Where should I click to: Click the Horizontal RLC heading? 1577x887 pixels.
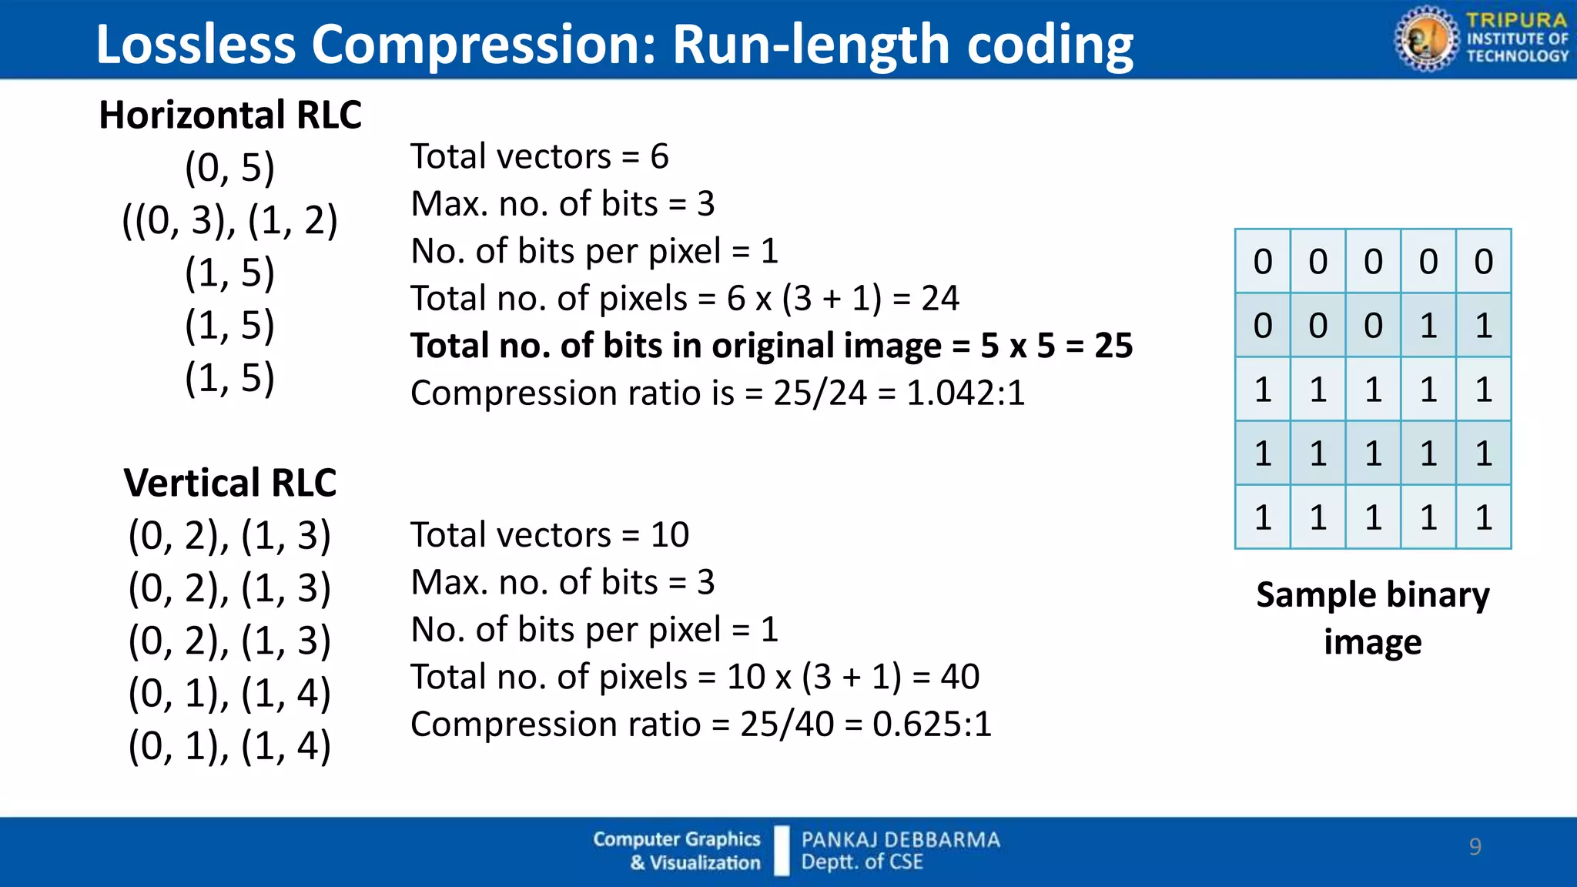(x=230, y=115)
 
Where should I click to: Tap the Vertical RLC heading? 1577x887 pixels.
(x=230, y=484)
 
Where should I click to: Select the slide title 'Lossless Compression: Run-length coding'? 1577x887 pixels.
(x=614, y=44)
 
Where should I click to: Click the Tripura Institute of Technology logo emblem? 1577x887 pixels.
(x=1425, y=38)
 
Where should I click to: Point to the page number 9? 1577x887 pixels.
(x=1475, y=846)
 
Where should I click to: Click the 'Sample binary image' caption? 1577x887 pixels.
(x=1372, y=618)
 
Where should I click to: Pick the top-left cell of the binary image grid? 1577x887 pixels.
(x=1263, y=262)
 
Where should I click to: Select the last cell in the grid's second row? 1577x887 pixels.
(x=1483, y=326)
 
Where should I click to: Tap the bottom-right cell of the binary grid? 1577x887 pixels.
(x=1483, y=517)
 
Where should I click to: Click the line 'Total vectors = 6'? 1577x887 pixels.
(x=539, y=156)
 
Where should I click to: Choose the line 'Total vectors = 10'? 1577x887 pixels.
(x=549, y=534)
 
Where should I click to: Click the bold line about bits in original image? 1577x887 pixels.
(x=771, y=346)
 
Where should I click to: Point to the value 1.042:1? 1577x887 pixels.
(x=966, y=393)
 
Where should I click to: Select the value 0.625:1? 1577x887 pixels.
(x=932, y=725)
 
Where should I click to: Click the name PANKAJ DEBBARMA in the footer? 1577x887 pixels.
(x=900, y=839)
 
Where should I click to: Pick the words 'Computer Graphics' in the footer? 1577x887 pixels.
(x=676, y=839)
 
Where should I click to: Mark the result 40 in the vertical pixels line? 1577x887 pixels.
(x=959, y=677)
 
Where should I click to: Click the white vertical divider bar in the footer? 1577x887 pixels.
(x=782, y=851)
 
